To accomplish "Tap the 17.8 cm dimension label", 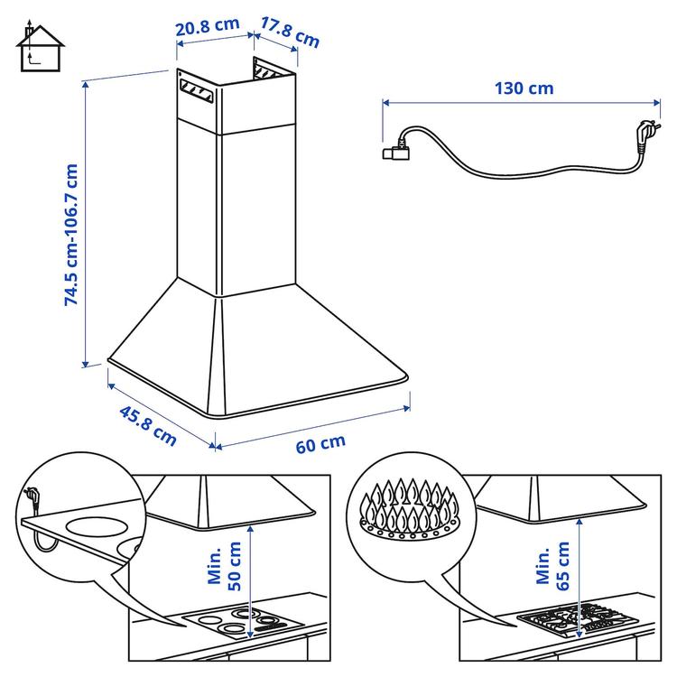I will click(x=290, y=32).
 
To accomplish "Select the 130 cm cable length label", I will click(x=524, y=88).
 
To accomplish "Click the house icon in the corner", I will click(x=40, y=48).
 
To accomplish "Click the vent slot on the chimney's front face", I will click(x=197, y=90).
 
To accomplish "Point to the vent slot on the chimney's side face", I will click(x=268, y=70).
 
